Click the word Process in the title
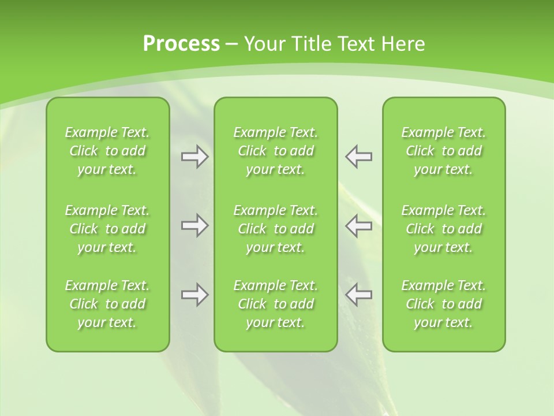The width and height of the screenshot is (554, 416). click(181, 44)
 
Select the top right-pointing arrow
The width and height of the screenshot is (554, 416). click(194, 157)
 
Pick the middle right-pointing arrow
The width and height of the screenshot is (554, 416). click(194, 225)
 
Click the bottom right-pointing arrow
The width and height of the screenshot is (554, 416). click(194, 295)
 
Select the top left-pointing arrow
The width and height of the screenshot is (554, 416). click(359, 157)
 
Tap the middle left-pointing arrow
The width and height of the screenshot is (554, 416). click(359, 225)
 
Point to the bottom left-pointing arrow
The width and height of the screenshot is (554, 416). click(359, 295)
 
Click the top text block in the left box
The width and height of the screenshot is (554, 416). click(107, 151)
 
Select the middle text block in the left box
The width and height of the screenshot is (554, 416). click(107, 229)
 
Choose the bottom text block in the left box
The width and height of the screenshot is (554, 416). click(107, 304)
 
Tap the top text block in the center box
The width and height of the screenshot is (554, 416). click(275, 151)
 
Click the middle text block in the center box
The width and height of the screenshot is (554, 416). click(275, 229)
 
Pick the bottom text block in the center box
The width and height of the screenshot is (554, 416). click(275, 304)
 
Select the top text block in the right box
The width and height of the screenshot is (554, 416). click(443, 151)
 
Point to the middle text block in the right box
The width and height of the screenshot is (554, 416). click(443, 229)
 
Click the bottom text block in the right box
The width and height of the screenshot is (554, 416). click(443, 304)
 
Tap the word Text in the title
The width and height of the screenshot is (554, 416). click(356, 44)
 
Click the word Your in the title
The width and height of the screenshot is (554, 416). click(265, 44)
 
